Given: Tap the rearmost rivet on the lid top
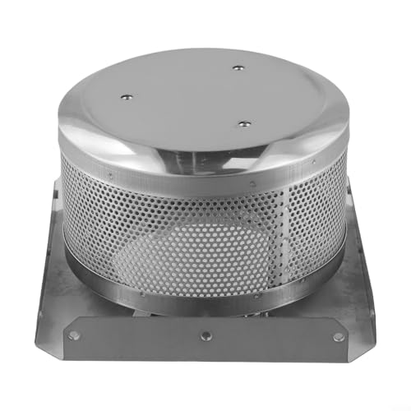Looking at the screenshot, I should click(238, 68).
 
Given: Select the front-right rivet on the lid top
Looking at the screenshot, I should click(244, 123).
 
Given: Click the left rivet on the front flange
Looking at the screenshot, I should click(75, 335).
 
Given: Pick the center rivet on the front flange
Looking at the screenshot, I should click(205, 335).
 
